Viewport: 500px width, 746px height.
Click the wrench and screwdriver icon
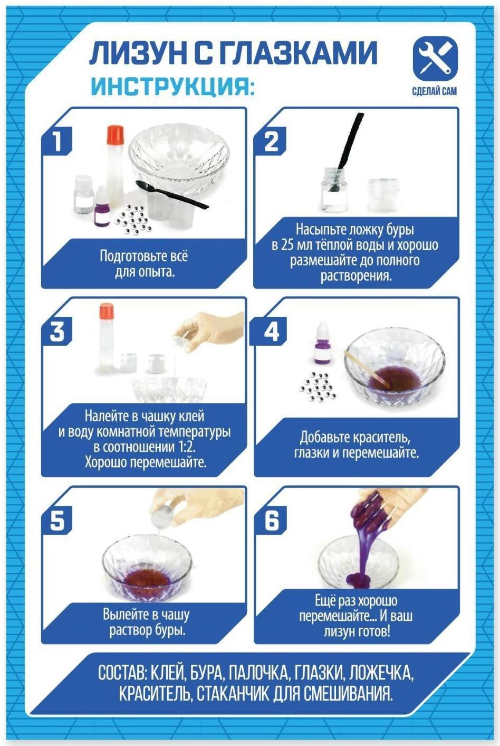point(435,59)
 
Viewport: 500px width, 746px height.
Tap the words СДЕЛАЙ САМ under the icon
point(435,91)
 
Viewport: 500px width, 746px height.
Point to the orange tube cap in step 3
point(107,310)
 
